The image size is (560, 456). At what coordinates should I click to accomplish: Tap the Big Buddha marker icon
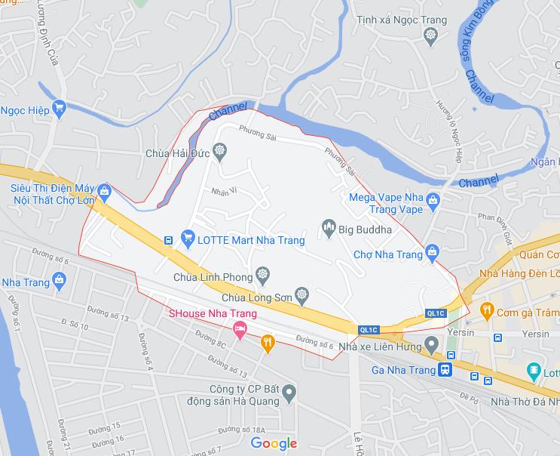tap(328, 225)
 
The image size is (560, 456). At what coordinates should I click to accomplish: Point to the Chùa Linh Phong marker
tap(262, 273)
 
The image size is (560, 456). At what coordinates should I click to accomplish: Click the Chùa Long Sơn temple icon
tap(302, 293)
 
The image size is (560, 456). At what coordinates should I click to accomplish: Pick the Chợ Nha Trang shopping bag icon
tap(432, 251)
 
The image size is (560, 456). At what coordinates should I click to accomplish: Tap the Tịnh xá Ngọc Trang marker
tap(430, 34)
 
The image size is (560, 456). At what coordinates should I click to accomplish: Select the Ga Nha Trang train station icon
tap(445, 370)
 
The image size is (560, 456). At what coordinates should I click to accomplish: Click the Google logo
tap(274, 443)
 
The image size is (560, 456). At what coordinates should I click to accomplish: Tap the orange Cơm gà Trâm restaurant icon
tap(488, 309)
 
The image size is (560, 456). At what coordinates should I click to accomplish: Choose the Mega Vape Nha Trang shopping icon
tap(433, 200)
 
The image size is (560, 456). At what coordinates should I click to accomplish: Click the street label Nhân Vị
tap(224, 190)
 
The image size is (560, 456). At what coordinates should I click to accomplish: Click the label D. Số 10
tap(75, 326)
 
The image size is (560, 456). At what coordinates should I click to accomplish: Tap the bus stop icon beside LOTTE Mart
tap(169, 241)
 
